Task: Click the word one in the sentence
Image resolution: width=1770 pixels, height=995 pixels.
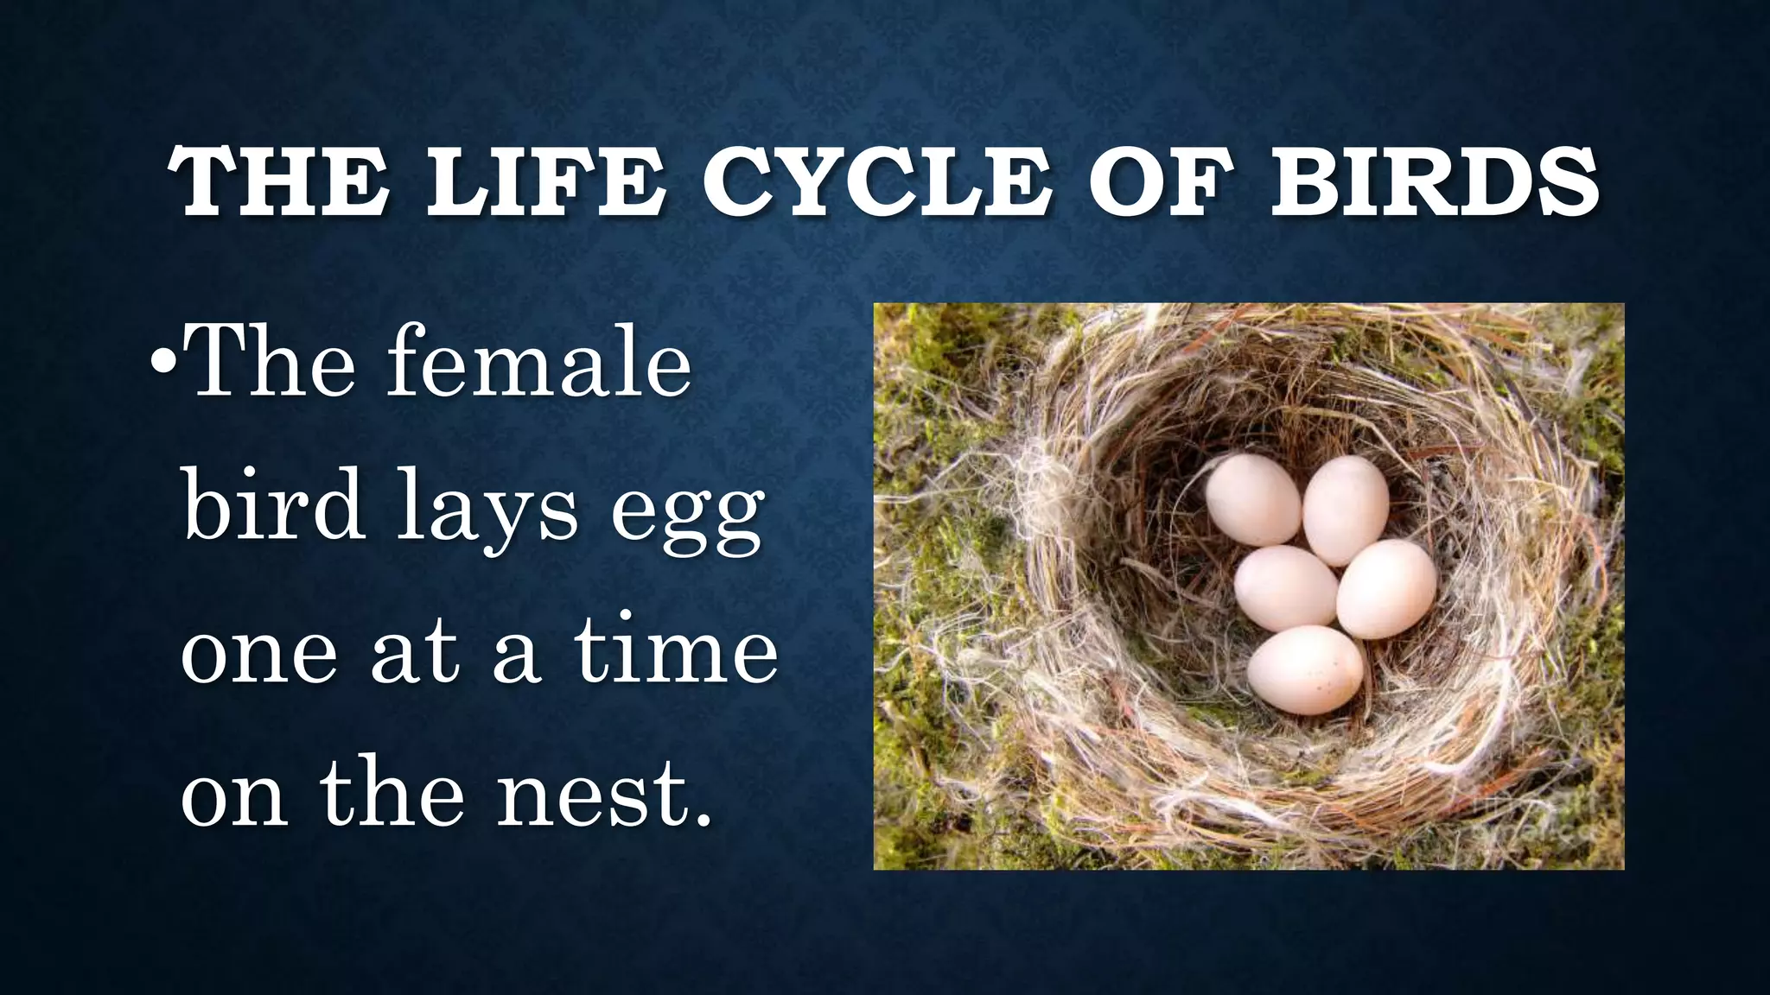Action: (x=258, y=655)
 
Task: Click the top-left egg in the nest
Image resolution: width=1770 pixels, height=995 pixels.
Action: (x=1252, y=499)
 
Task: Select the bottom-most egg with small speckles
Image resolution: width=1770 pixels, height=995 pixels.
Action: (x=1305, y=670)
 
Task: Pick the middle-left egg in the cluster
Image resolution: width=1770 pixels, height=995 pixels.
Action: (x=1285, y=587)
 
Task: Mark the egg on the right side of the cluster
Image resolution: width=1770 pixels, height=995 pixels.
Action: (x=1386, y=589)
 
